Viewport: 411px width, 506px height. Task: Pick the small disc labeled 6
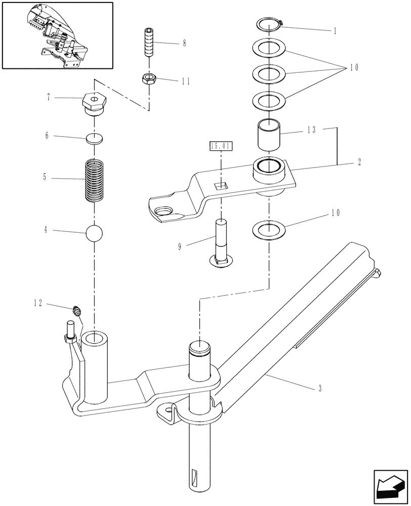[x=95, y=138]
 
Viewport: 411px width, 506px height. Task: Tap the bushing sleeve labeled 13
[x=269, y=134]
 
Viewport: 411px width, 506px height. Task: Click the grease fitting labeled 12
[x=77, y=310]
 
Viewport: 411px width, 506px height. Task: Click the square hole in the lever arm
[x=221, y=186]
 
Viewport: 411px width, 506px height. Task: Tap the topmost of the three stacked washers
[x=269, y=49]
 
